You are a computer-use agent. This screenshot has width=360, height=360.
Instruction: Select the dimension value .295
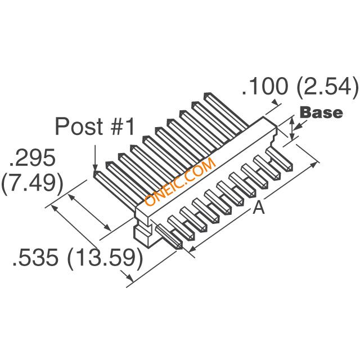31,159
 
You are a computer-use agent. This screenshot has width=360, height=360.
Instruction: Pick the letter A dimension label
258,208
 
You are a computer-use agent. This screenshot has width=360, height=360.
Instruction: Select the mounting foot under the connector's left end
143,236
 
